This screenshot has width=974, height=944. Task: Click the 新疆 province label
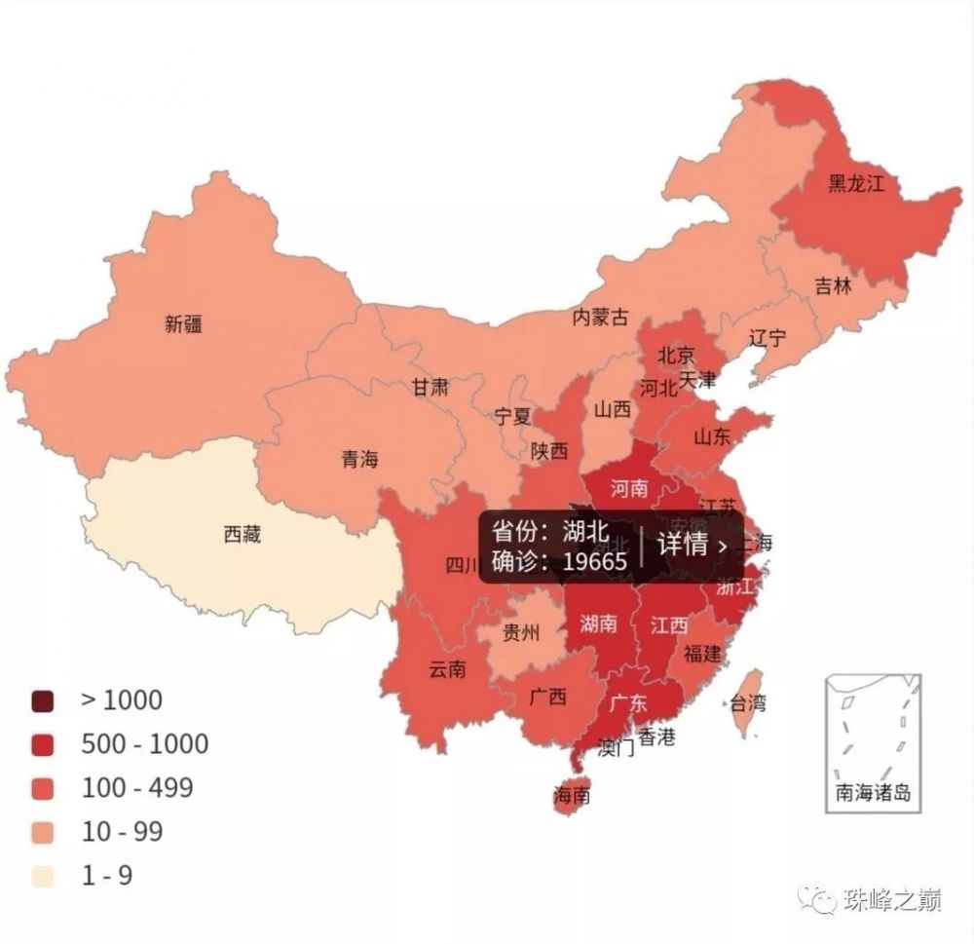click(x=183, y=324)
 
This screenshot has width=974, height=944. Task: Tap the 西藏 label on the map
click(x=242, y=535)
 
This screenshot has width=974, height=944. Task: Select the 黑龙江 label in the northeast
click(x=856, y=183)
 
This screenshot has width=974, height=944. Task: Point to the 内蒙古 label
click(x=600, y=318)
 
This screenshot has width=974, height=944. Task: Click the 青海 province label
click(x=359, y=460)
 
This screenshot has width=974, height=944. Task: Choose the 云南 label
click(x=447, y=670)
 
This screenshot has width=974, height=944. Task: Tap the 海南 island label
click(x=572, y=795)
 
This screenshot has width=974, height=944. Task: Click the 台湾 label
click(x=748, y=702)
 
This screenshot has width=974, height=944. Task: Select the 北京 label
click(x=675, y=355)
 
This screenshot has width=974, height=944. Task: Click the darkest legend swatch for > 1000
click(x=43, y=700)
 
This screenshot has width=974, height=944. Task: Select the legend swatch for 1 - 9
click(x=43, y=876)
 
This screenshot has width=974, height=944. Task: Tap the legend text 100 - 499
click(x=137, y=787)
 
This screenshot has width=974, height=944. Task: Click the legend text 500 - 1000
click(x=144, y=744)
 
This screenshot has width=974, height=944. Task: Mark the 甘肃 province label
click(x=430, y=387)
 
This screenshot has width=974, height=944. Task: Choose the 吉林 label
click(x=833, y=286)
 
